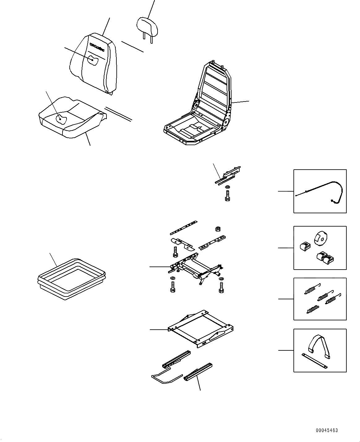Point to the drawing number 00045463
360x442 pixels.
pyautogui.click(x=327, y=430)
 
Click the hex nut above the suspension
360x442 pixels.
pyautogui.click(x=218, y=229)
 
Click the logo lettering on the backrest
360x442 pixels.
pyautogui.click(x=98, y=45)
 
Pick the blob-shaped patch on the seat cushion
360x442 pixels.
pyautogui.click(x=62, y=119)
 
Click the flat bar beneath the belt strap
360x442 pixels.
pyautogui.click(x=314, y=361)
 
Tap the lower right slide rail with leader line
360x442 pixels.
pyautogui.click(x=198, y=371)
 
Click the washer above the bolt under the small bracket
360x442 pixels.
pyautogui.click(x=228, y=187)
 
